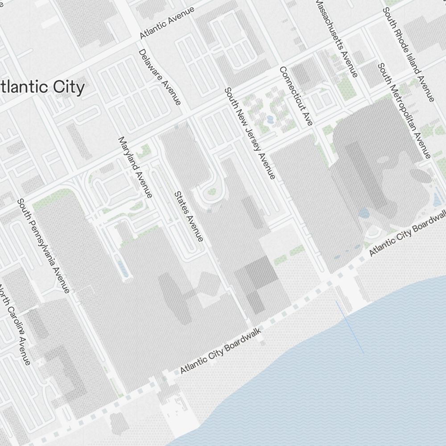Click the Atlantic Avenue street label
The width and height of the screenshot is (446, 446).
(167, 22)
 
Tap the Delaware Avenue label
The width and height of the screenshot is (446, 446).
(160, 77)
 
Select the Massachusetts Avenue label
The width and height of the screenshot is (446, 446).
(336, 37)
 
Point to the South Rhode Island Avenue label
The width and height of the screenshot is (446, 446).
(409, 54)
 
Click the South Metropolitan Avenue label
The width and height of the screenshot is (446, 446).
(404, 110)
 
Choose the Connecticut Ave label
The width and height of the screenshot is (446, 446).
(296, 95)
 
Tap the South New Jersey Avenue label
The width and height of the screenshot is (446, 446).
(249, 133)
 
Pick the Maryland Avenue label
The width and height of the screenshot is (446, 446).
(135, 167)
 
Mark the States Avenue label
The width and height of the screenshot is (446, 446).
(189, 216)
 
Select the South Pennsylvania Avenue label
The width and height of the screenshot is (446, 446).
(43, 246)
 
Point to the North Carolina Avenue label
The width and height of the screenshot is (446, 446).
(16, 325)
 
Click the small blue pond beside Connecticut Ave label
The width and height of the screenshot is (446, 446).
(270, 120)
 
